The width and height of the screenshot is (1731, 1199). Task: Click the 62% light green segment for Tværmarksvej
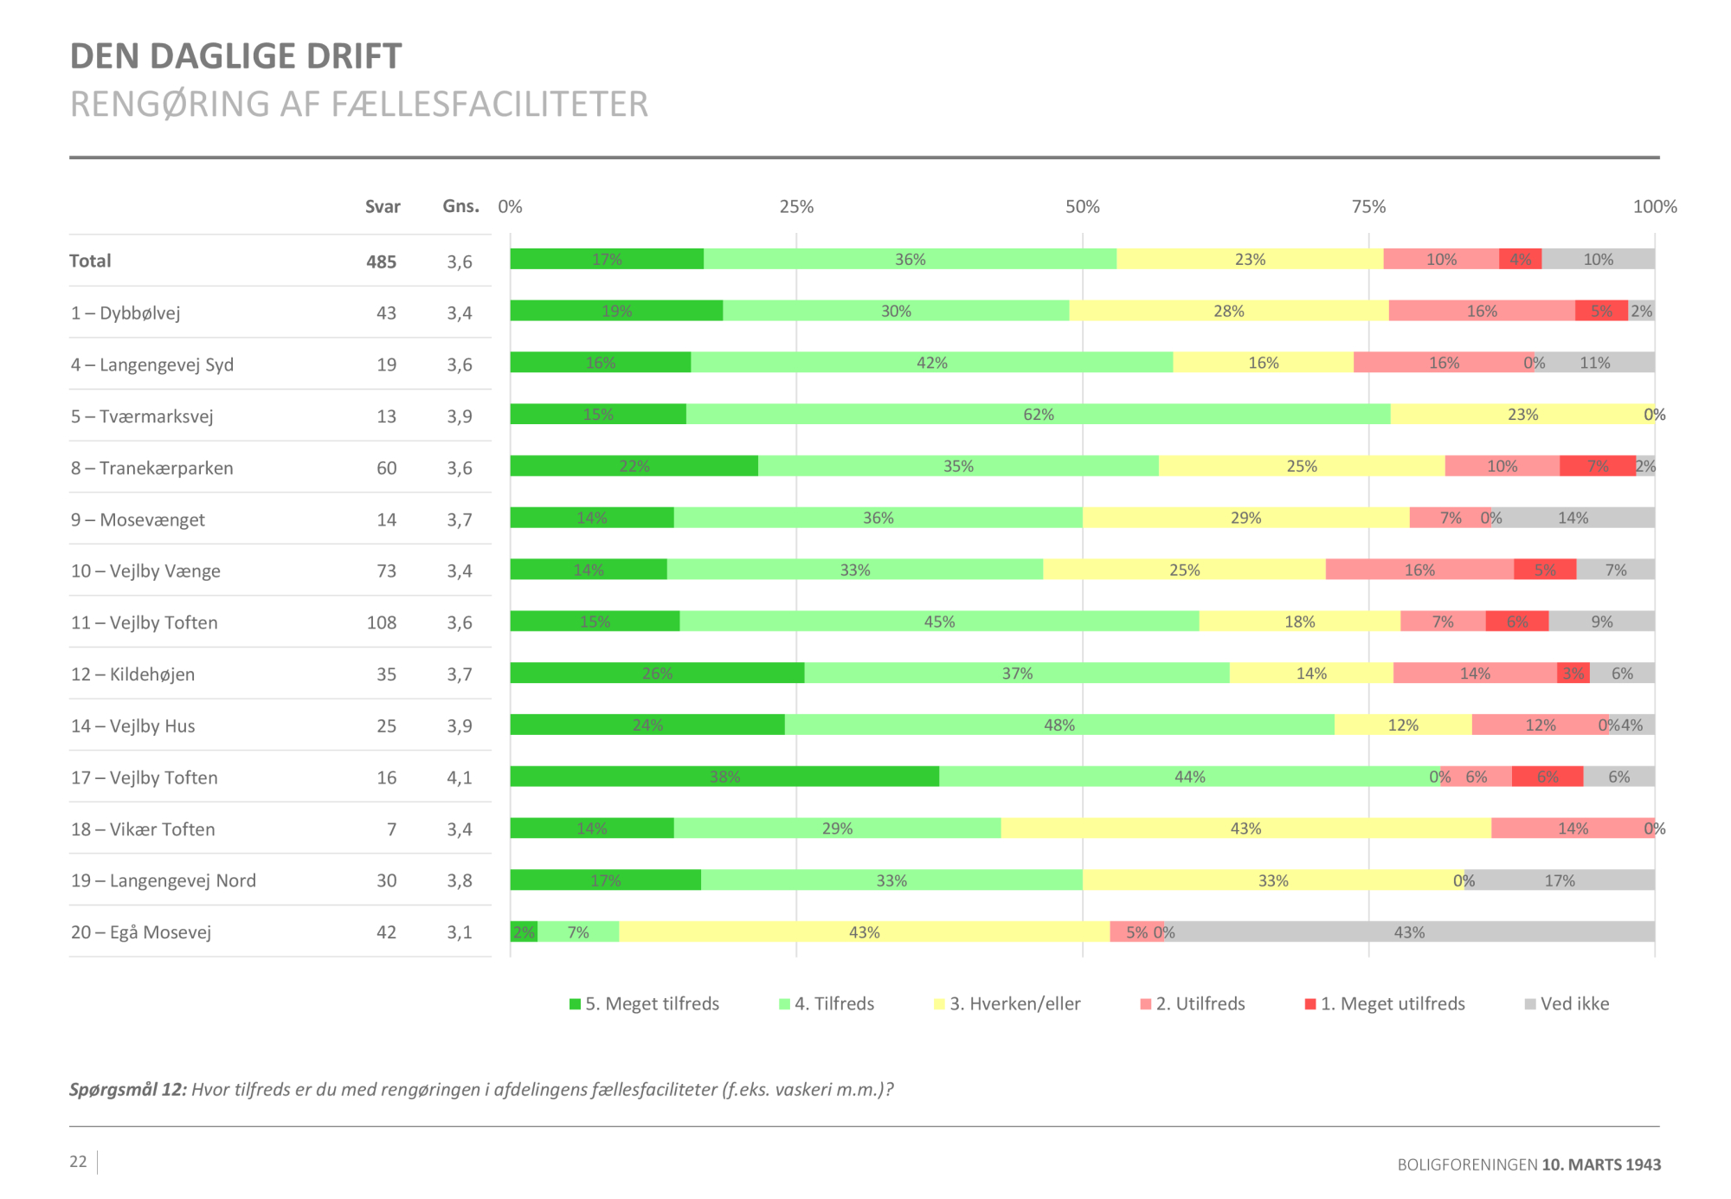click(x=1038, y=415)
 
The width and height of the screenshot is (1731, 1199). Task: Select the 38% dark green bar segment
click(x=724, y=777)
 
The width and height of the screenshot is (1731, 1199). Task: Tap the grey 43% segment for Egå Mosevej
click(x=1408, y=932)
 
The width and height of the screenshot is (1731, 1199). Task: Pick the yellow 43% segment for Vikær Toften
click(x=1245, y=828)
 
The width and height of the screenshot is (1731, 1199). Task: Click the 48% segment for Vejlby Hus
click(x=1059, y=725)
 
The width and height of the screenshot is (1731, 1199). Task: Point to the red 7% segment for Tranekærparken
click(x=1597, y=467)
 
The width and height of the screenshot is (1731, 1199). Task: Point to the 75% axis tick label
click(x=1368, y=207)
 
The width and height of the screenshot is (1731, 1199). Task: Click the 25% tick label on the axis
click(x=796, y=207)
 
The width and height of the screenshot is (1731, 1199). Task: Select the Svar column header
click(x=383, y=207)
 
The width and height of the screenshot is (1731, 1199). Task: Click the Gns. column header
click(x=460, y=206)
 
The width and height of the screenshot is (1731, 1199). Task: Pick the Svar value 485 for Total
click(x=381, y=261)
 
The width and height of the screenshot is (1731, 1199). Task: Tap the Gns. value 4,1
click(x=460, y=777)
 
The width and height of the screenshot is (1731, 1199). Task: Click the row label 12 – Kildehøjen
click(x=132, y=674)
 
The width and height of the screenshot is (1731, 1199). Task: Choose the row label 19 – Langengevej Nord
click(x=164, y=880)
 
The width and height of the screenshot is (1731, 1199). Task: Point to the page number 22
click(x=78, y=1162)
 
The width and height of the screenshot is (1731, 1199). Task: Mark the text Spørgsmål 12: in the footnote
click(x=128, y=1090)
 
